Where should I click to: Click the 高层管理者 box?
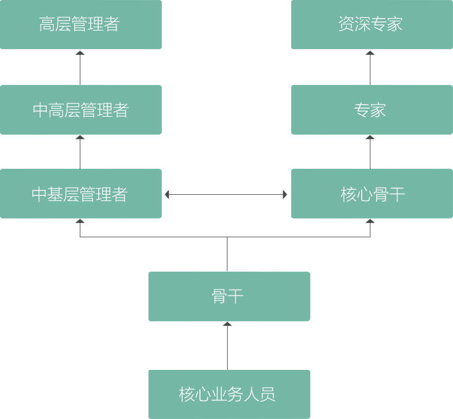pyautogui.click(x=80, y=24)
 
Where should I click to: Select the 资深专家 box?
pyautogui.click(x=370, y=24)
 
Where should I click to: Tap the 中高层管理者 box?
pyautogui.click(x=80, y=110)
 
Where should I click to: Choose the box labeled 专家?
pyautogui.click(x=370, y=110)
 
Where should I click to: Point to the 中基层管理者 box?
pyautogui.click(x=80, y=194)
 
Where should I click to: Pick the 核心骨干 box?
pyautogui.click(x=370, y=194)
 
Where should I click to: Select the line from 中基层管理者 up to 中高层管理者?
pyautogui.click(x=80, y=154)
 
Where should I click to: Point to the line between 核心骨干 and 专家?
pyautogui.click(x=370, y=154)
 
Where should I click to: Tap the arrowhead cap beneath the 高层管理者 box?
pyautogui.click(x=80, y=53)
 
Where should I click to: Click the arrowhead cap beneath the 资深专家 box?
pyautogui.click(x=370, y=53)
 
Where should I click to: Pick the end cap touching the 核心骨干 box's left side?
pyautogui.click(x=285, y=195)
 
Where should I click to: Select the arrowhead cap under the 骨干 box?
pyautogui.click(x=228, y=324)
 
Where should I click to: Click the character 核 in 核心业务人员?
pyautogui.click(x=186, y=395)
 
